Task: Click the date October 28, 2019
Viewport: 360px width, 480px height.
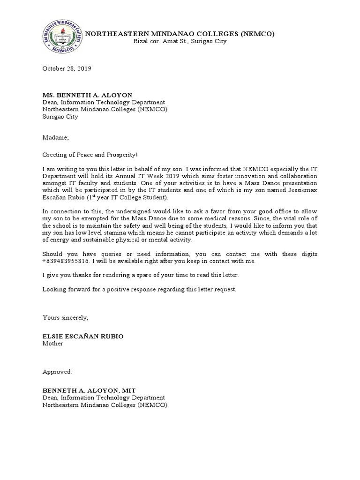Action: point(67,68)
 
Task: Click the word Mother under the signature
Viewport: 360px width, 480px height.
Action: point(53,343)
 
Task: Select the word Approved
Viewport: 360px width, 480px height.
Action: point(57,372)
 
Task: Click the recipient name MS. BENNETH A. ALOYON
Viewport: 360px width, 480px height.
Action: point(88,95)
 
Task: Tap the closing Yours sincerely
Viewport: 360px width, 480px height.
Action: point(65,317)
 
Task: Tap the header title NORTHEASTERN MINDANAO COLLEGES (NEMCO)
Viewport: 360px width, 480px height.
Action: point(179,34)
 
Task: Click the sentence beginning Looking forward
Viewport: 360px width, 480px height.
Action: point(140,289)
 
